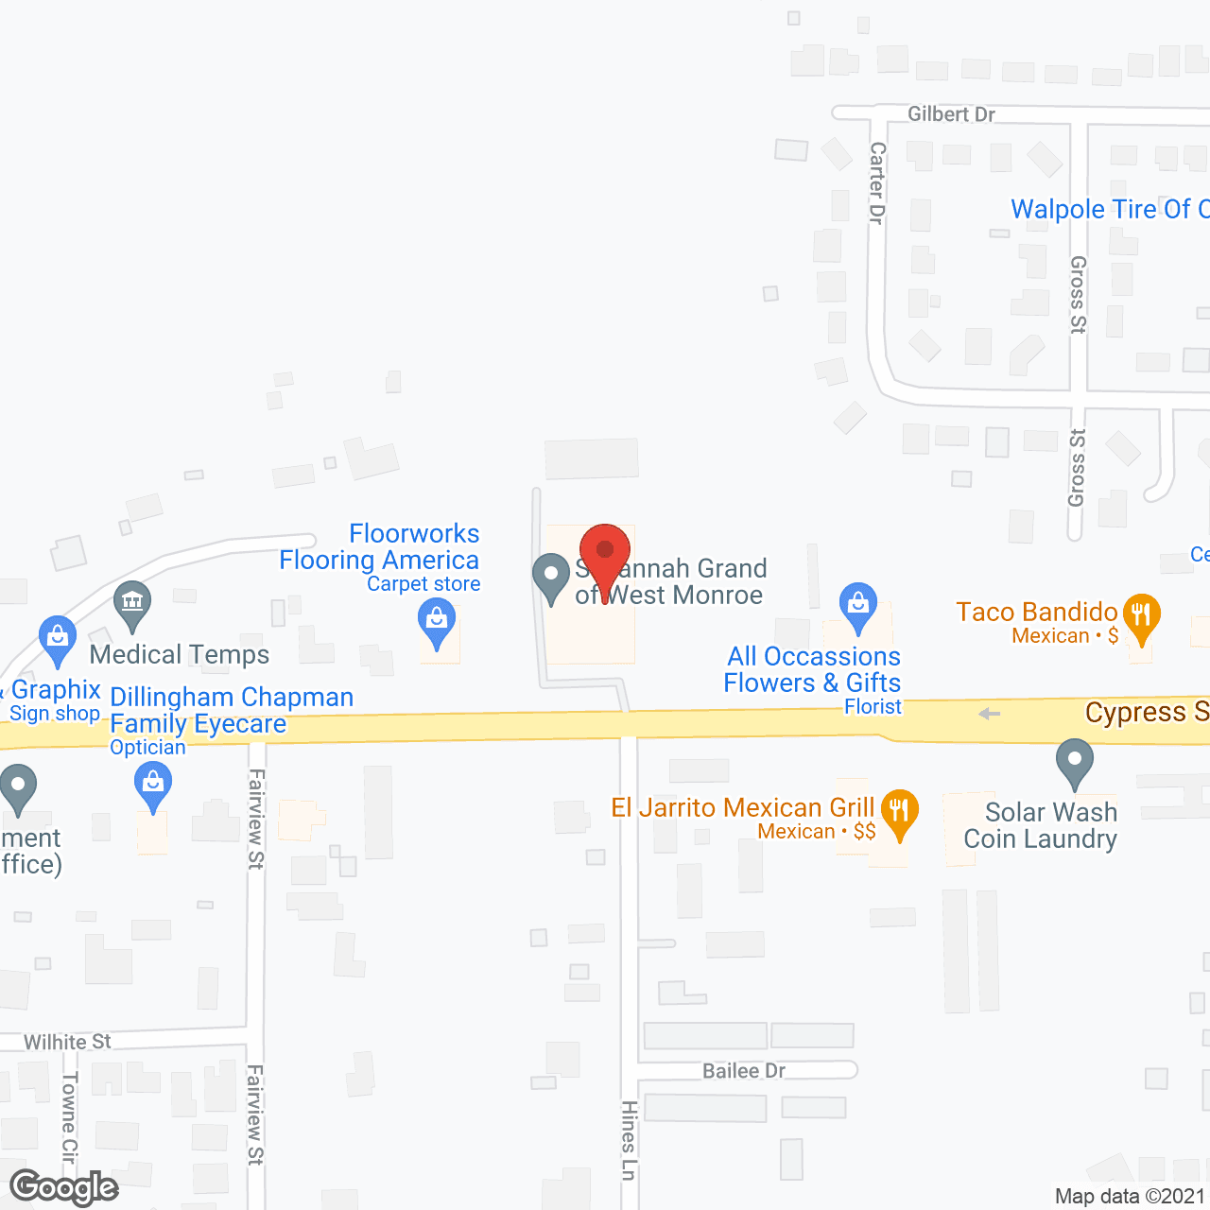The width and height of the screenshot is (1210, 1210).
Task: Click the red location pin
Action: (x=605, y=553)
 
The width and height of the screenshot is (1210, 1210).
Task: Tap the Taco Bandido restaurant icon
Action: (x=1142, y=615)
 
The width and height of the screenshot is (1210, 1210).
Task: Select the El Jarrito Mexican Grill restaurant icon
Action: (x=899, y=811)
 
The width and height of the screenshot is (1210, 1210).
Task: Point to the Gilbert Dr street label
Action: (x=951, y=114)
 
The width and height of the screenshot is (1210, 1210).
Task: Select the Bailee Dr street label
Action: (x=744, y=1071)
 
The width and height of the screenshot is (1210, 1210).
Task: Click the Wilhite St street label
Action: (x=67, y=1042)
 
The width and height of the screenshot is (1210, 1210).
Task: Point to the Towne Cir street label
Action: (x=69, y=1116)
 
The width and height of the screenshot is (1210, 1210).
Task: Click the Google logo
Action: (x=64, y=1187)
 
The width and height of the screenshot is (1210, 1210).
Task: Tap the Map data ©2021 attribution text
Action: (x=1130, y=1196)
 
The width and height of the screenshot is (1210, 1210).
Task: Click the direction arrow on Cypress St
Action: (x=989, y=714)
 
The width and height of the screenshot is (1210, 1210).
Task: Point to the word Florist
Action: (x=873, y=706)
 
